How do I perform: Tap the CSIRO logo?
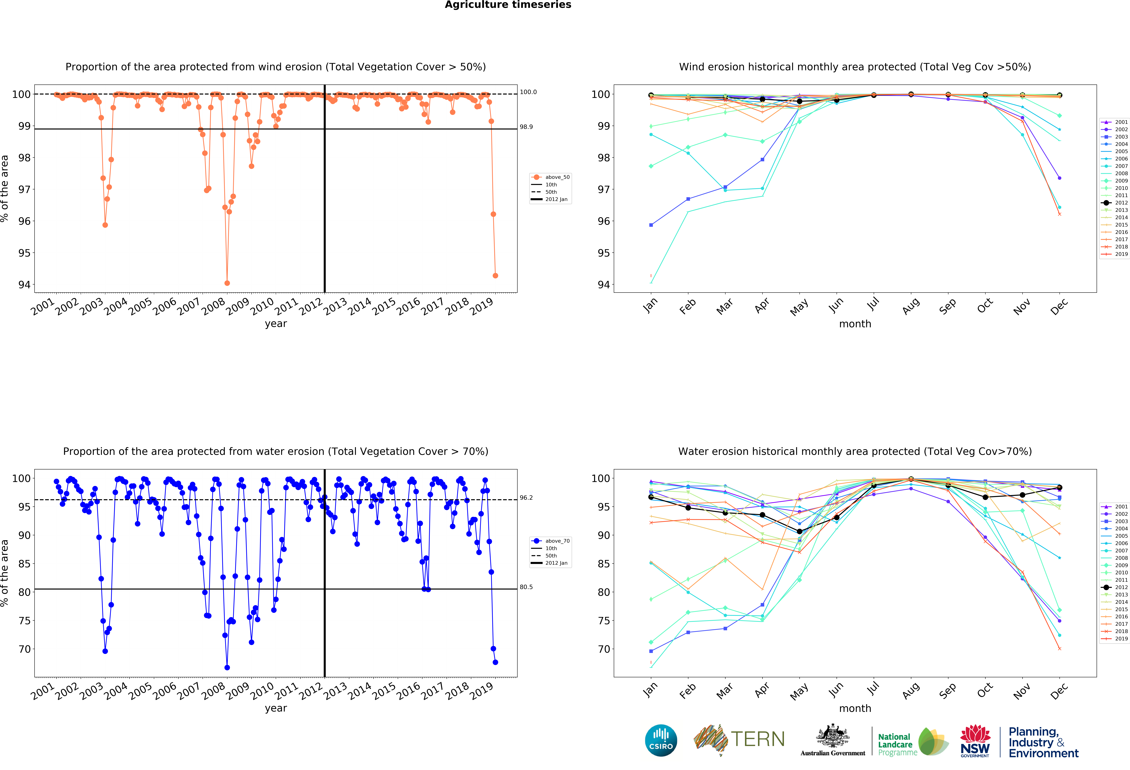tap(661, 740)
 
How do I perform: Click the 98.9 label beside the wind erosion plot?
tap(526, 127)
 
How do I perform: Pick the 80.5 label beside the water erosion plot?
tap(526, 587)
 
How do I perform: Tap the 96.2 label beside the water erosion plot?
tap(526, 498)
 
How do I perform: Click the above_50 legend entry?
tap(557, 177)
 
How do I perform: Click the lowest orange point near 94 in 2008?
tap(227, 283)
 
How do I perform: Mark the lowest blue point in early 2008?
tap(227, 667)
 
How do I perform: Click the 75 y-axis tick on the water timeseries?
tap(24, 621)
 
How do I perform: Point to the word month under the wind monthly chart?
tap(855, 324)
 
